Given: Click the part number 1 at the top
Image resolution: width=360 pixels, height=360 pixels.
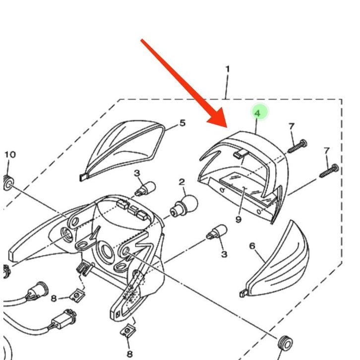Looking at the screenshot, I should pos(227,69).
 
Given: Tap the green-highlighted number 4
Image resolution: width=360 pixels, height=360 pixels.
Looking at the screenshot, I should pos(257,113).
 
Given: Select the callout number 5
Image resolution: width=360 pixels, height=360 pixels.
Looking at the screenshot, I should pos(182,122).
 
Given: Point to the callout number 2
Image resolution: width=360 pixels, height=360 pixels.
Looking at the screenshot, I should pos(182,182).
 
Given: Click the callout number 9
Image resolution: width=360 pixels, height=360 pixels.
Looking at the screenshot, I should pos(239,219).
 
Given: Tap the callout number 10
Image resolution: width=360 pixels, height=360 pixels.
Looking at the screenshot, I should pos(10,155).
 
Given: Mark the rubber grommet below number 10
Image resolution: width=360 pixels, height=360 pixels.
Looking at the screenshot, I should pos(8,182).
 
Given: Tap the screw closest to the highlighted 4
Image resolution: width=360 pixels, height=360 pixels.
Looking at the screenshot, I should pos(296,146).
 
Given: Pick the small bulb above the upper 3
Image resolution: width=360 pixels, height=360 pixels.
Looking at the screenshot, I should pos(146,188).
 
